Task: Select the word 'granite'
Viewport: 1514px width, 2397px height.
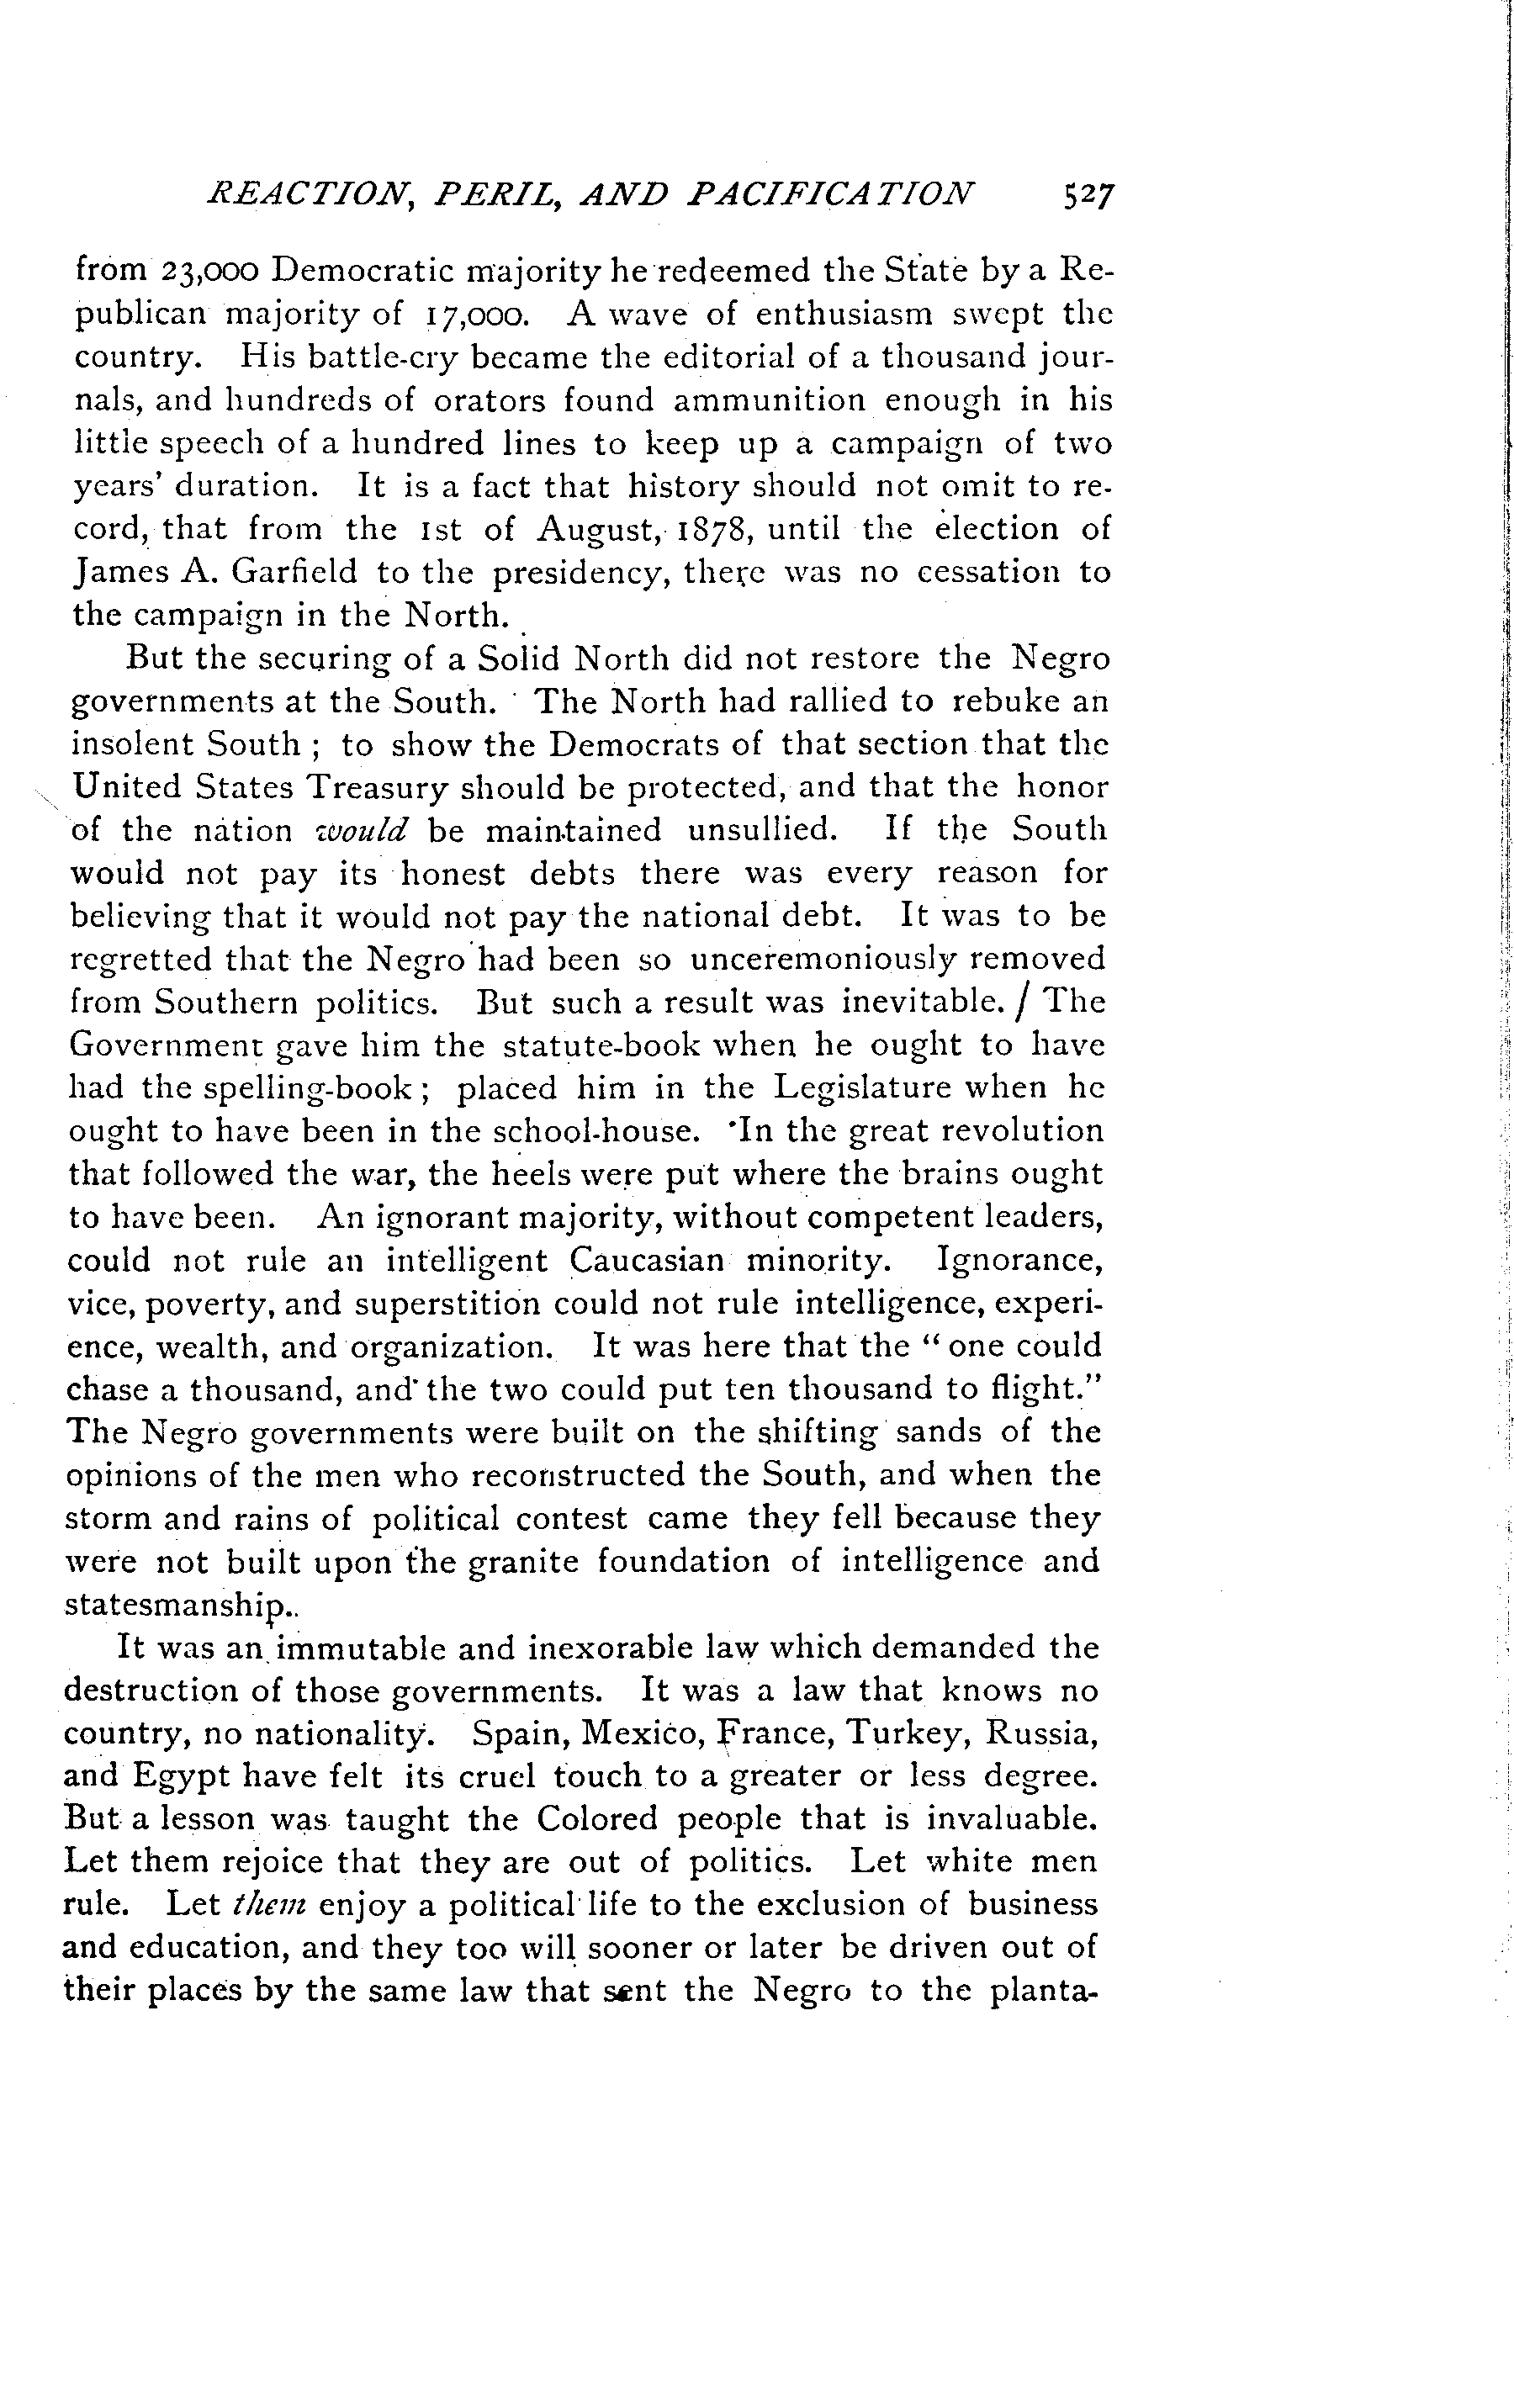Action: (x=522, y=1561)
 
